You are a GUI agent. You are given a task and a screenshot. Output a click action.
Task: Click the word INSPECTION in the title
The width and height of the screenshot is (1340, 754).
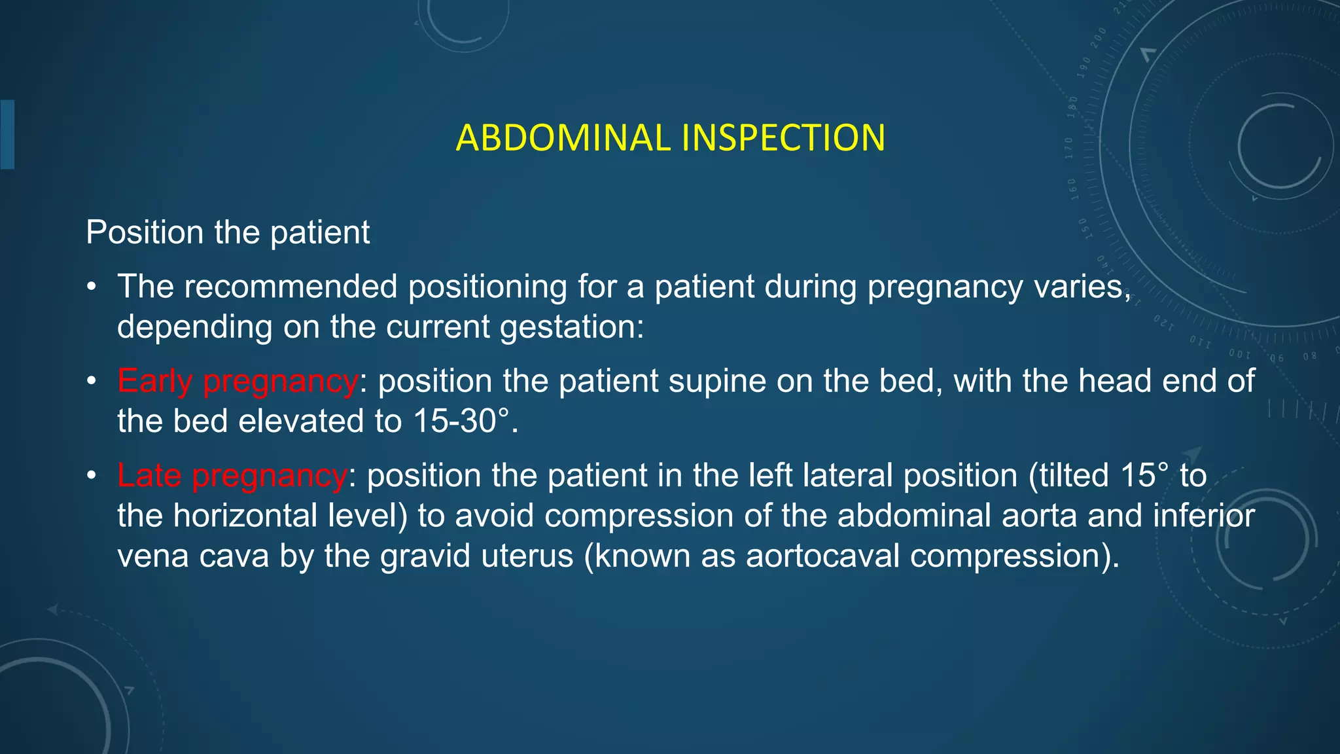[x=783, y=138]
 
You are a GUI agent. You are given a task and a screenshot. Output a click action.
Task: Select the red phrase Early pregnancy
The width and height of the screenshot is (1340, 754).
[x=238, y=381]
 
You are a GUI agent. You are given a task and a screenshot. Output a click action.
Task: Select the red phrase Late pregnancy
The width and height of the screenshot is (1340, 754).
[x=232, y=475]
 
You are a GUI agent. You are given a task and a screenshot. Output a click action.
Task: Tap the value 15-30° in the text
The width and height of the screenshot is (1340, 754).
[x=461, y=421]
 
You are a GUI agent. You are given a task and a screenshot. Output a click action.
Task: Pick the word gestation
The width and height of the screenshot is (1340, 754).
[x=567, y=327]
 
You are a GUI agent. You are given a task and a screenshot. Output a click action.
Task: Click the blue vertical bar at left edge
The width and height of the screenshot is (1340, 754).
[x=7, y=134]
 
